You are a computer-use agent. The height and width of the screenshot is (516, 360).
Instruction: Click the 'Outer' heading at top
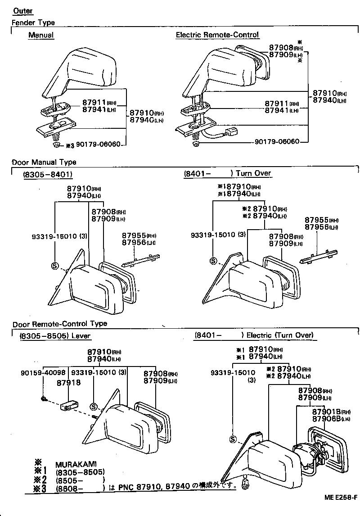click(22, 11)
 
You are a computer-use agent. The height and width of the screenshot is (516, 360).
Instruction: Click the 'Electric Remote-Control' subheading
click(217, 35)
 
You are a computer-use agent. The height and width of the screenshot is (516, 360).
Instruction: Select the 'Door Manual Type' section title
click(44, 162)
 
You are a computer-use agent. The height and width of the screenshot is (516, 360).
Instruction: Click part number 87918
click(68, 382)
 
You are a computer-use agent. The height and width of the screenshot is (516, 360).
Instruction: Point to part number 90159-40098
click(43, 372)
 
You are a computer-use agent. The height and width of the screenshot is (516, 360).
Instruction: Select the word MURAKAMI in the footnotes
click(76, 464)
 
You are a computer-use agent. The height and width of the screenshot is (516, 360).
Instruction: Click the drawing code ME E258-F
click(340, 497)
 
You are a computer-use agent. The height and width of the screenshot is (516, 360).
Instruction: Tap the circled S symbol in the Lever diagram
click(93, 407)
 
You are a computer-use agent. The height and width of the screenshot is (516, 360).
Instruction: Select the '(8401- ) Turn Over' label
click(227, 173)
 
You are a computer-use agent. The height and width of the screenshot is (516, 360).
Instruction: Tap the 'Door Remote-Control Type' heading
click(59, 323)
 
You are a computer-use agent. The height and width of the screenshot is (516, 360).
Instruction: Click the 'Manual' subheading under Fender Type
click(40, 35)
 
